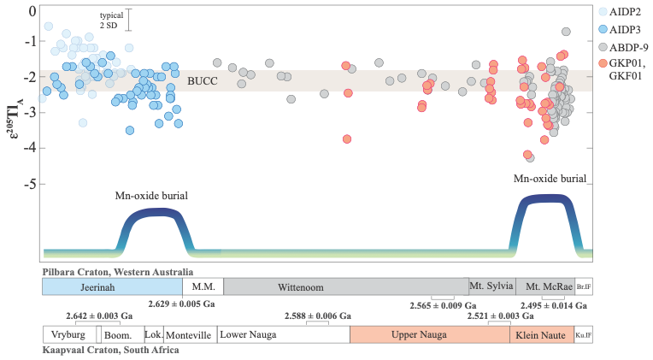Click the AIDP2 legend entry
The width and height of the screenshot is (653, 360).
620,12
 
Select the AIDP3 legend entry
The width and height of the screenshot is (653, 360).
620,30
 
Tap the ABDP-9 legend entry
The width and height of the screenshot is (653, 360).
623,48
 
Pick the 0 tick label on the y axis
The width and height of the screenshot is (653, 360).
32,11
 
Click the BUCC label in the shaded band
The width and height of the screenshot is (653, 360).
203,81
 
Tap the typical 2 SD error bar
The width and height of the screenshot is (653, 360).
129,20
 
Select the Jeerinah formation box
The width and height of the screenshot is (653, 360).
112,286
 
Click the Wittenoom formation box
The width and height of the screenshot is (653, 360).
346,286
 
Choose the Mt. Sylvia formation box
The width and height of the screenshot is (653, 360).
492,286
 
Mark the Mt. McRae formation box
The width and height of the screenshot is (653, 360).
545,286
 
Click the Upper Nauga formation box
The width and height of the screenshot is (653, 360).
430,334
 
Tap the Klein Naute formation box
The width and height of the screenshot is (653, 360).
542,334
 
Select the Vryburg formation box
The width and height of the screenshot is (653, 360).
69,334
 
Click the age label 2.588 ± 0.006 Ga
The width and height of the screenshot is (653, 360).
318,316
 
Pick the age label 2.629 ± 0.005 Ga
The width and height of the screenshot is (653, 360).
181,304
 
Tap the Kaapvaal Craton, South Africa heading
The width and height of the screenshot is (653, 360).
111,350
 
